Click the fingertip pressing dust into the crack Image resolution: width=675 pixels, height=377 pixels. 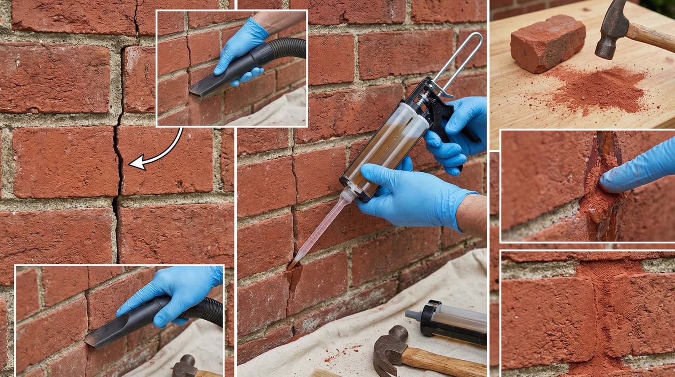[x=607, y=184]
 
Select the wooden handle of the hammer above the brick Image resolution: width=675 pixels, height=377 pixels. [x=652, y=36]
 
